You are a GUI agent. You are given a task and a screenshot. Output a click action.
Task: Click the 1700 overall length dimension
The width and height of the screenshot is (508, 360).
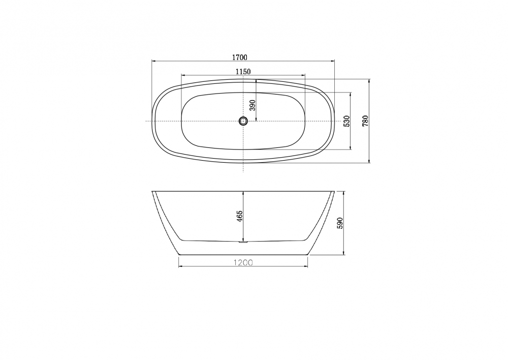(x=239, y=57)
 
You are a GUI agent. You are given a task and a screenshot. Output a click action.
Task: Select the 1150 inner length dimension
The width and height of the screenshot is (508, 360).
(x=243, y=71)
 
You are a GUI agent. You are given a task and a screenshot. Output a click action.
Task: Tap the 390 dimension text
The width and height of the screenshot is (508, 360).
(x=252, y=105)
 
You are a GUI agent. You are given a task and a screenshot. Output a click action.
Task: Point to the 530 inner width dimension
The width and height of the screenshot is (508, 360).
(x=346, y=121)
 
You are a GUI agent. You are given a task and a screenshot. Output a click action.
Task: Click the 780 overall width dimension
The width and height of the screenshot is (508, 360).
(x=366, y=121)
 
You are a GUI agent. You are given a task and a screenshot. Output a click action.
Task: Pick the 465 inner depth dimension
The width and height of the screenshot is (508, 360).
(x=240, y=216)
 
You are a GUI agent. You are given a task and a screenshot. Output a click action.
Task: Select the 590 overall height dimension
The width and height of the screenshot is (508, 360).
(x=340, y=223)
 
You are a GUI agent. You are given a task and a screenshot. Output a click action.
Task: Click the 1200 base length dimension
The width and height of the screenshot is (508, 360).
(x=243, y=262)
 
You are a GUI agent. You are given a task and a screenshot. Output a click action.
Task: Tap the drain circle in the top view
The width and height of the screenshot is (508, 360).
(x=243, y=121)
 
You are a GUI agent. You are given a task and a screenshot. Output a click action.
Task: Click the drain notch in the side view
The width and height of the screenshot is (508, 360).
(x=243, y=242)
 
